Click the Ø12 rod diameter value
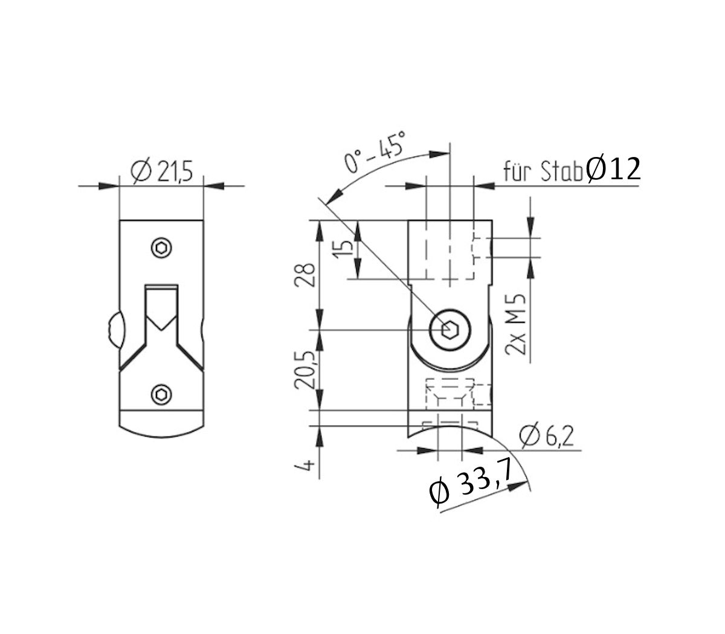(x=613, y=170)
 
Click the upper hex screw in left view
(x=161, y=248)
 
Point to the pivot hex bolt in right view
(x=449, y=330)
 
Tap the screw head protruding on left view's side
(x=112, y=329)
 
